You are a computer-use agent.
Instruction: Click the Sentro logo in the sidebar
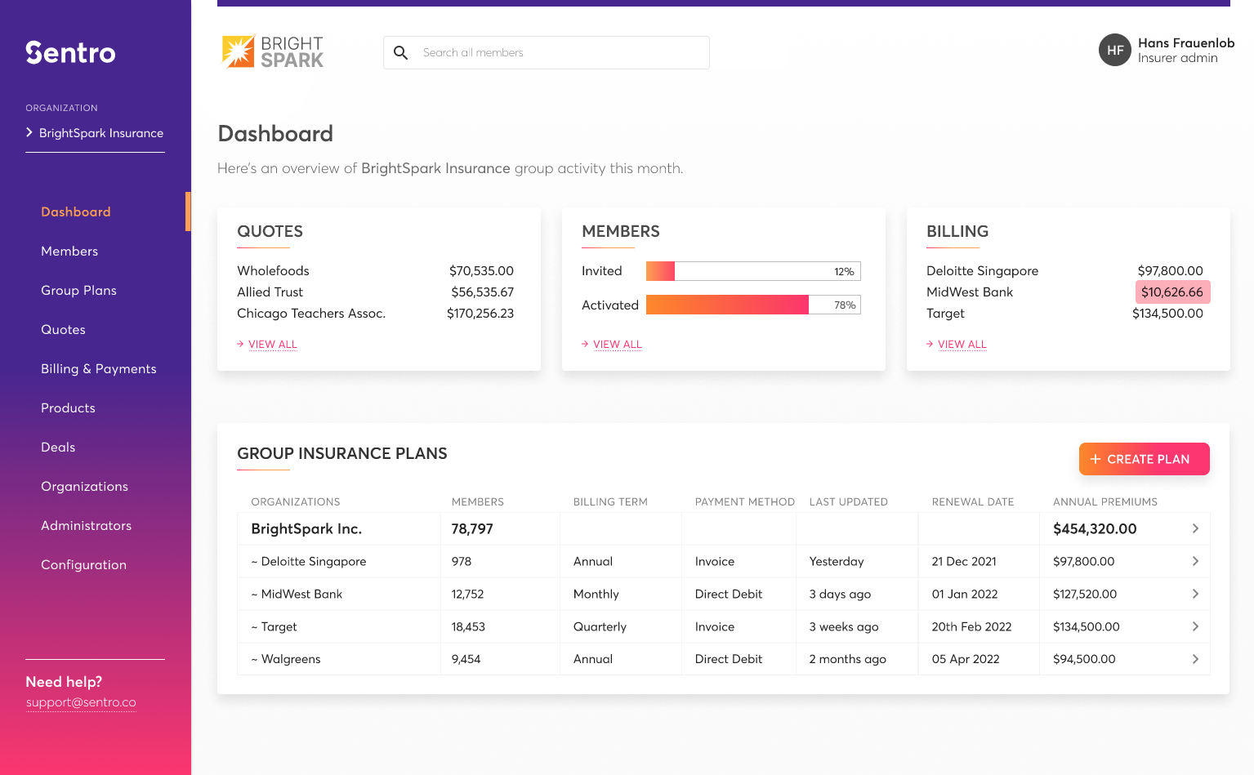[70, 52]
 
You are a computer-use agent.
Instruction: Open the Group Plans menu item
[78, 291]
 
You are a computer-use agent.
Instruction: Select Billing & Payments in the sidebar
[98, 369]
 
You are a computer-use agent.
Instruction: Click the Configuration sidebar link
[83, 565]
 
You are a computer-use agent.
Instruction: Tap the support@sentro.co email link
[81, 702]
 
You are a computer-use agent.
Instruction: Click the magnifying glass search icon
[400, 53]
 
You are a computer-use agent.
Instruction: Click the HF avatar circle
[1114, 51]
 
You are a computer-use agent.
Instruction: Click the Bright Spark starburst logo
[238, 51]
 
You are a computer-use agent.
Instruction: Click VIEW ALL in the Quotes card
[272, 345]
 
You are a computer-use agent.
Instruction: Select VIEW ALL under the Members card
[617, 345]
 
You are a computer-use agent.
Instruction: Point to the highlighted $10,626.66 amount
[1171, 292]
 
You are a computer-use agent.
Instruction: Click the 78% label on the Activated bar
[844, 305]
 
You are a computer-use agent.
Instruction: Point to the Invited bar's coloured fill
[660, 271]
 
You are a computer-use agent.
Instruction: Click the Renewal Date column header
[972, 502]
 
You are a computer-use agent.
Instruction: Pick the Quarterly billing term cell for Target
[600, 627]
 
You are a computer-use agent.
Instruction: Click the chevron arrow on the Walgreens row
[1194, 659]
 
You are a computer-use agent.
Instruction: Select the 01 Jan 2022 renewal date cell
[964, 595]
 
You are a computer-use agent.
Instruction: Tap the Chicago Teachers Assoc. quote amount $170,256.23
[480, 314]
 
